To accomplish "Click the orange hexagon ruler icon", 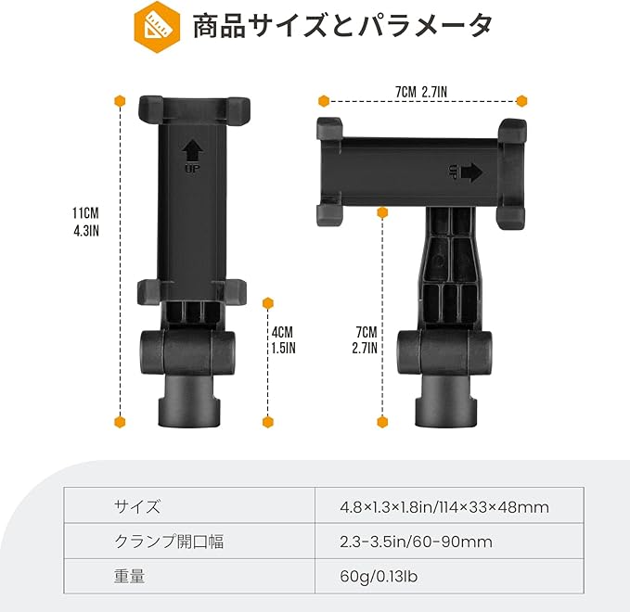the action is (x=157, y=27).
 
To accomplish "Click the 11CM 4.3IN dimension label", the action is (x=85, y=222).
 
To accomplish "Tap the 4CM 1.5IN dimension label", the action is (x=283, y=339).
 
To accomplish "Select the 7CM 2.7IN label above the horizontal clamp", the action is (x=421, y=93).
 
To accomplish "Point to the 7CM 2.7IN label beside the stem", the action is (x=366, y=339).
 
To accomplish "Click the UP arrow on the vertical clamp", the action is (x=192, y=156).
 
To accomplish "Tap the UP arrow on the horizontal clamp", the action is (x=466, y=172).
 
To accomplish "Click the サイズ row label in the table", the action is (x=137, y=506).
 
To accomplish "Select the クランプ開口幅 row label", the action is (x=169, y=542).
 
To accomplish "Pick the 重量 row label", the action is (x=129, y=576).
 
